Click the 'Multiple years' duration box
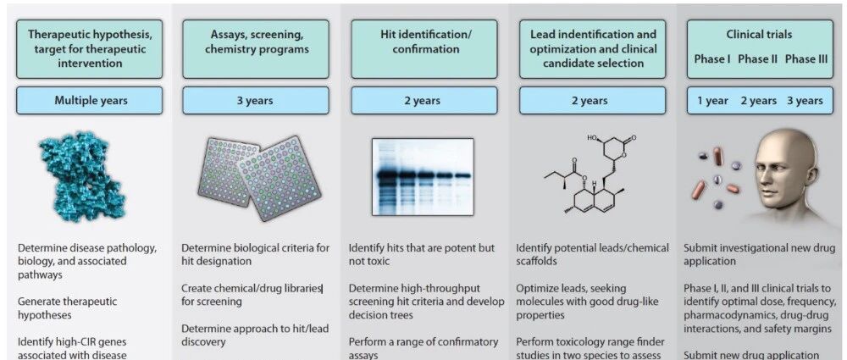click(x=91, y=101)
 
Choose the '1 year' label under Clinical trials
click(x=712, y=101)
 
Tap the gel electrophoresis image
click(x=422, y=177)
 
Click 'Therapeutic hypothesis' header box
click(x=91, y=49)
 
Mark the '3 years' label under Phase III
click(x=804, y=101)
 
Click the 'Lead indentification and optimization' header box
click(x=593, y=49)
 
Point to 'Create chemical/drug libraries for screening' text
click(x=252, y=295)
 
